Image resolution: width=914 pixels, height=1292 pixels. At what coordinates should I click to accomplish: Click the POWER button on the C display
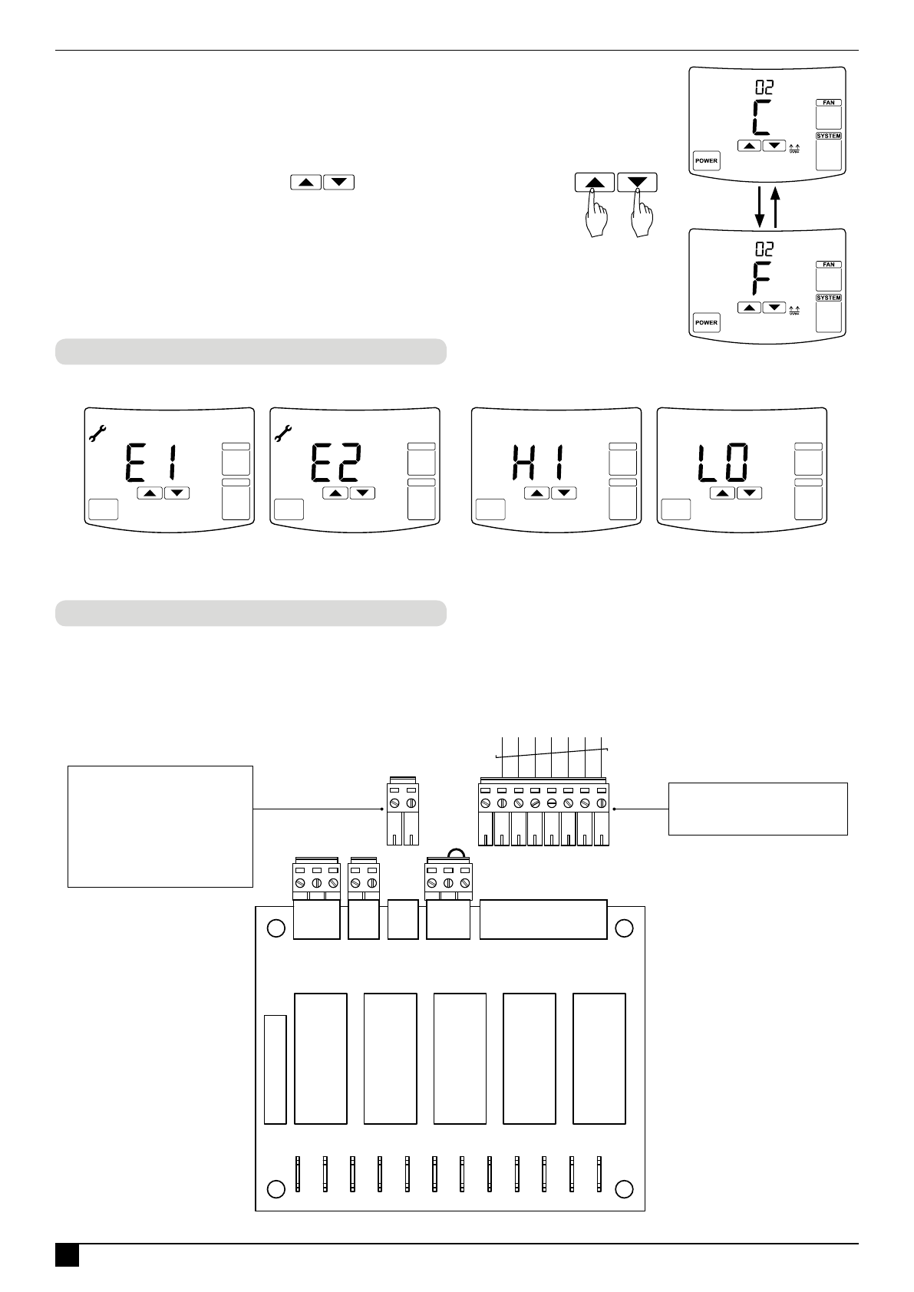point(706,161)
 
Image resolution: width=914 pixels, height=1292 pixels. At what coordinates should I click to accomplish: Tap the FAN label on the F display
point(829,265)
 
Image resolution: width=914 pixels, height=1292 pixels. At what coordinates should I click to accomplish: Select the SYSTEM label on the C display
point(829,137)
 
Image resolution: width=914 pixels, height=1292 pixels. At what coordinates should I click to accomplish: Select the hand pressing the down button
point(642,219)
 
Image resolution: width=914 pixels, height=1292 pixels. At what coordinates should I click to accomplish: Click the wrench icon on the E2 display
point(284,433)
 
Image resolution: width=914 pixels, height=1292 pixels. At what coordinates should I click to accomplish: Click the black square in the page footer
point(67,1255)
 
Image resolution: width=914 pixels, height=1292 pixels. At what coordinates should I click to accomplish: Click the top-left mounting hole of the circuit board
point(276,928)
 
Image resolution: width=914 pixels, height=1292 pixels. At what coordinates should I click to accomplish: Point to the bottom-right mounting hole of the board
point(624,1188)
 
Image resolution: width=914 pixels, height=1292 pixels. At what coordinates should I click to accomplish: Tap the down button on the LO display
point(749,493)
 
